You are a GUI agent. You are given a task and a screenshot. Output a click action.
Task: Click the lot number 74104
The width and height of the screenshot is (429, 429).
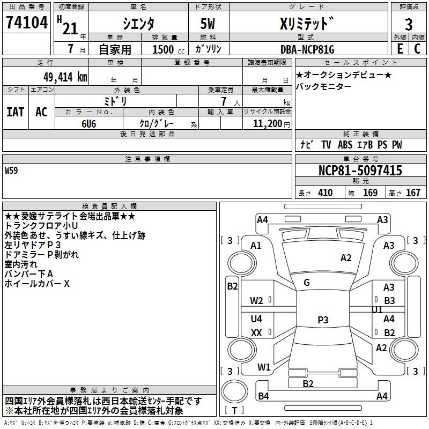tap(26, 23)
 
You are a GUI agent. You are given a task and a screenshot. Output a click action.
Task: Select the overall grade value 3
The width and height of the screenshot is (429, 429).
tap(409, 24)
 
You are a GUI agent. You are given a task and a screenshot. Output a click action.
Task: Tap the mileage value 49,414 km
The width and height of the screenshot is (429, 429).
tap(65, 77)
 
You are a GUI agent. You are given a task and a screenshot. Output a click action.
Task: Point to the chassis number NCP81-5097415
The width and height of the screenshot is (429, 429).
tap(360, 171)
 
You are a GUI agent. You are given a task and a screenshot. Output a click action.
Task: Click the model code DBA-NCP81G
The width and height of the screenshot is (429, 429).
tap(307, 49)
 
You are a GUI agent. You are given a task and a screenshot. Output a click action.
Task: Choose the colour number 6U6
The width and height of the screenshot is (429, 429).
tap(89, 124)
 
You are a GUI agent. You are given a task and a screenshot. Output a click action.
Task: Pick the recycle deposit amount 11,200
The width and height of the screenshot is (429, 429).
tap(267, 124)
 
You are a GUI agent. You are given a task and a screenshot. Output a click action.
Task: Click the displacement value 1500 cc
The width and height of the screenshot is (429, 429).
tap(168, 49)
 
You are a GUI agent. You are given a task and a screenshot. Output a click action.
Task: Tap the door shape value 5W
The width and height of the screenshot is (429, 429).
tap(208, 24)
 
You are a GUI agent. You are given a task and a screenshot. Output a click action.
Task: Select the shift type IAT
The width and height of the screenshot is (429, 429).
tap(16, 112)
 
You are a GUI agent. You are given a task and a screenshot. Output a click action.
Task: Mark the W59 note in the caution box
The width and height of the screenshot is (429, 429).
tap(11, 171)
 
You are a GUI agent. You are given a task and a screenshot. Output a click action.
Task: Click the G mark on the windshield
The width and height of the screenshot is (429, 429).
tap(307, 283)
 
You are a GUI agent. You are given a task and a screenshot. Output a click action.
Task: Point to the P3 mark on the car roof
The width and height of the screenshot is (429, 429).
tap(323, 320)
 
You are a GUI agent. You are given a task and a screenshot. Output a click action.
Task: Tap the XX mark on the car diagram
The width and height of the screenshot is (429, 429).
tap(256, 332)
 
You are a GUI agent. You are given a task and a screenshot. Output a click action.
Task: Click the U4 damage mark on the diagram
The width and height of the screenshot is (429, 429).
tap(256, 319)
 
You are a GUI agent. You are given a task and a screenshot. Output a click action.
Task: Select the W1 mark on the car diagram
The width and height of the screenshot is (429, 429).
tap(264, 367)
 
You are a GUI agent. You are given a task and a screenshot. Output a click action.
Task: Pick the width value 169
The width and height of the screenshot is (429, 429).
tap(370, 193)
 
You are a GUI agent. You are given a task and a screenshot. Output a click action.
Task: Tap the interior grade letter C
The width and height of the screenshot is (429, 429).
tap(417, 49)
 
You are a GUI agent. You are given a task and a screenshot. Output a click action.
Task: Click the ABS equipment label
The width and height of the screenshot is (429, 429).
tap(345, 145)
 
